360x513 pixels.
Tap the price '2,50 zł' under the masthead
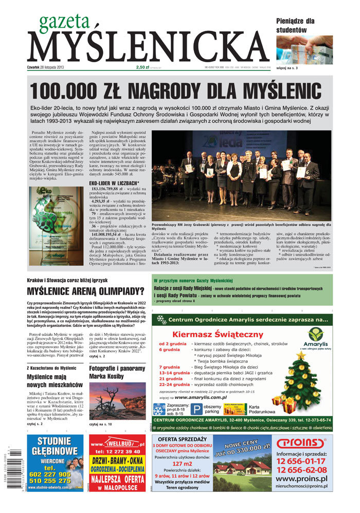[x=142, y=67]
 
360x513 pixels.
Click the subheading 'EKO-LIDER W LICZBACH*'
[x=114, y=182]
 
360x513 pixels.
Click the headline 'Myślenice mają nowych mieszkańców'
[x=54, y=380]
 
